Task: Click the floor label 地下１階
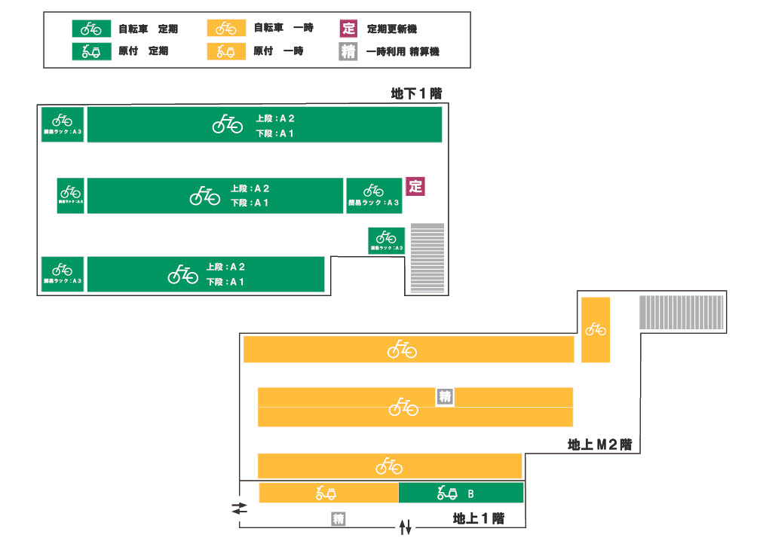tap(415, 94)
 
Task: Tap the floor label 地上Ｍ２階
tap(599, 445)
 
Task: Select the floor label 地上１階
tap(478, 518)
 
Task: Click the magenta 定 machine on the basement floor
tap(415, 186)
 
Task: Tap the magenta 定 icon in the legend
tap(348, 29)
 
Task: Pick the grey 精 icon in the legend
tap(348, 52)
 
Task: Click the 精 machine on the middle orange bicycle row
tap(446, 396)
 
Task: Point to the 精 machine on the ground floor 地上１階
tap(339, 519)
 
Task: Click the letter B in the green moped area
tap(471, 494)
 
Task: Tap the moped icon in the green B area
tap(448, 494)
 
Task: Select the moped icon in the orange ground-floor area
tap(326, 494)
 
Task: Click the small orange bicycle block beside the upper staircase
tap(596, 329)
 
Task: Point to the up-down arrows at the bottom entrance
tap(406, 527)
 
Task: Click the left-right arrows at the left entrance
tap(239, 509)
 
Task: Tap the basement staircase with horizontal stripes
tap(427, 258)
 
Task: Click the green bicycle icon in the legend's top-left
tap(91, 29)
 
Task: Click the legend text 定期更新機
tap(392, 29)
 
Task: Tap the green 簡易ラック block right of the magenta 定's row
tap(374, 196)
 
